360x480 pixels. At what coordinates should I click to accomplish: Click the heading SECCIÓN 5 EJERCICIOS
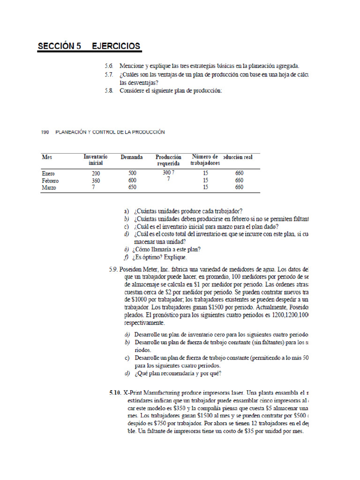point(89,46)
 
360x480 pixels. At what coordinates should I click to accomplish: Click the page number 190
point(45,132)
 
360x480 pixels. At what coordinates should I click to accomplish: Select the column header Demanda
point(132,157)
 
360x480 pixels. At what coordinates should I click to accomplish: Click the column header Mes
point(47,157)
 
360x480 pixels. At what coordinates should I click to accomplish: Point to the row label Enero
point(48,173)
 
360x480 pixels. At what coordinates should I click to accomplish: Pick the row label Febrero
point(50,180)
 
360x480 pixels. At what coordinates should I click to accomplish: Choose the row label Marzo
point(49,187)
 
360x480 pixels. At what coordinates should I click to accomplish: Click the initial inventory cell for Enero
point(96,173)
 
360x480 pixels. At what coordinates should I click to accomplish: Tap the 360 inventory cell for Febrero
point(96,180)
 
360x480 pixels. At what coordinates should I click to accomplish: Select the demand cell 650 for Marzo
point(132,187)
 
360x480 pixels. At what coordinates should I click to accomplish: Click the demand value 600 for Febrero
point(132,180)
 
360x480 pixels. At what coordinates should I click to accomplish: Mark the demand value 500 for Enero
point(132,173)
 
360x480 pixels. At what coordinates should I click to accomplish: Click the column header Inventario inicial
point(96,160)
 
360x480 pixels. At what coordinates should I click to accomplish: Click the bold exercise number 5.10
point(115,392)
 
